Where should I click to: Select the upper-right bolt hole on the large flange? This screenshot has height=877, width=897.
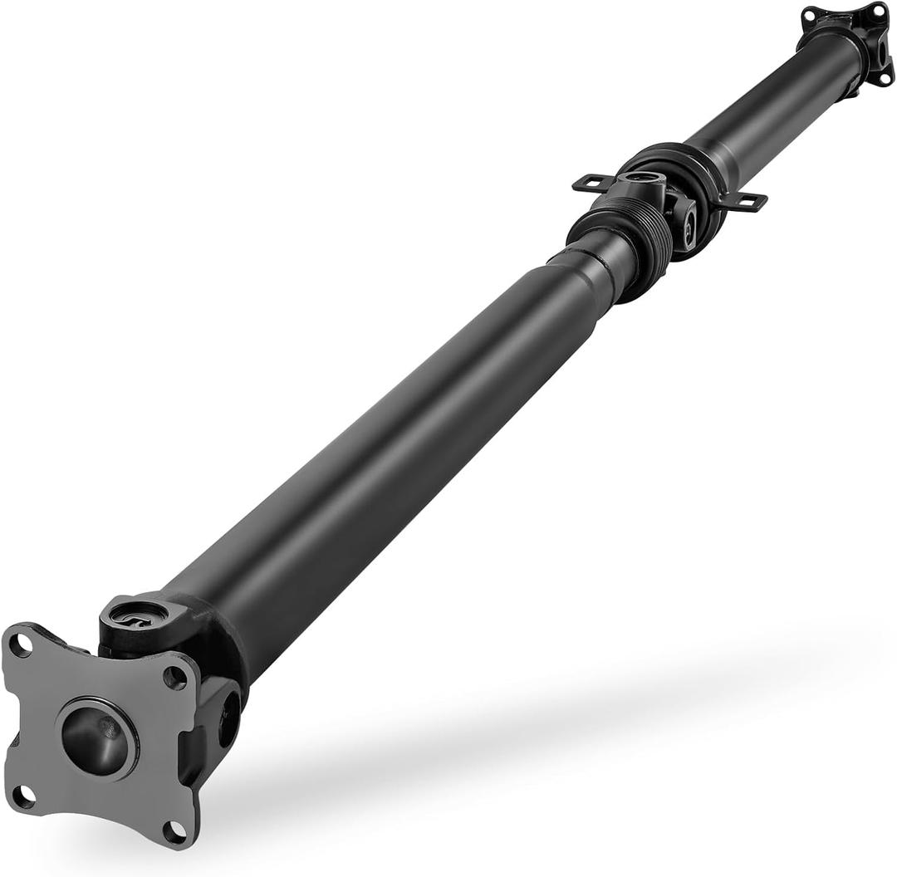[175, 677]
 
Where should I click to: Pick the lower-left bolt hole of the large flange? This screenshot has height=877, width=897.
[22, 795]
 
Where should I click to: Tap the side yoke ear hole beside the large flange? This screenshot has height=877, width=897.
[228, 719]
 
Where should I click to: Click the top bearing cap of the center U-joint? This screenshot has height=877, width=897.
[640, 176]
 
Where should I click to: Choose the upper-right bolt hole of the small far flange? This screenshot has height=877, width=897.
[879, 9]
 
